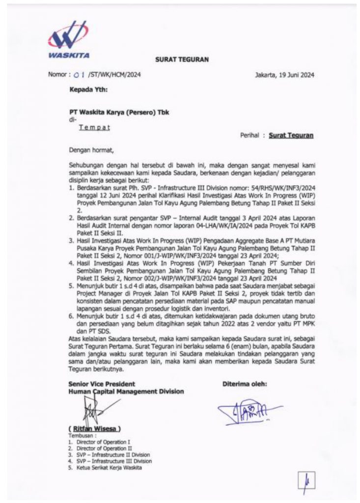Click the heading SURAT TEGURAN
(x=182, y=59)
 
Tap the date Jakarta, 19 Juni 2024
(x=284, y=75)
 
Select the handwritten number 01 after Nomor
(x=79, y=75)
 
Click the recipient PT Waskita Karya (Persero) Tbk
(x=119, y=112)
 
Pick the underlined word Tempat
(x=95, y=127)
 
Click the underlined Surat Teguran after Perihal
(x=291, y=135)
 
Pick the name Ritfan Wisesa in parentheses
(x=95, y=428)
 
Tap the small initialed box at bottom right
(x=305, y=483)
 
